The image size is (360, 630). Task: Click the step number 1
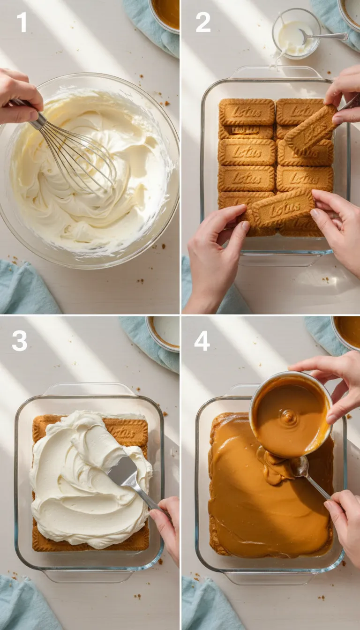tap(22, 22)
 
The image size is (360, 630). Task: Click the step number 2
tap(202, 22)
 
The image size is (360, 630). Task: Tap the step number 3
tap(19, 341)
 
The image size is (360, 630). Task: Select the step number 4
tap(202, 341)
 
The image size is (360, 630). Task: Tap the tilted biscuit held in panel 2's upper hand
tap(311, 129)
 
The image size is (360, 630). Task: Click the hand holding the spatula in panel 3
tap(166, 525)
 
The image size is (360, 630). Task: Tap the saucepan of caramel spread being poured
tap(291, 415)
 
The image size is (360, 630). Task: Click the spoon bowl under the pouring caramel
tap(299, 466)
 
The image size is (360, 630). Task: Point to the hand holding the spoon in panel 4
tap(345, 516)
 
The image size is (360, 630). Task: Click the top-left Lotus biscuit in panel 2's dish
tap(247, 112)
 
